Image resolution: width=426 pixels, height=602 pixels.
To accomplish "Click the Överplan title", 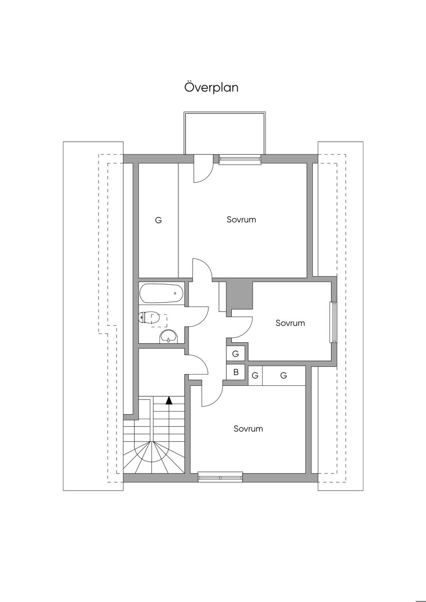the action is pyautogui.click(x=211, y=88).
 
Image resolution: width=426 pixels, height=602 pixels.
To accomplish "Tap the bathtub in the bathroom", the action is pyautogui.click(x=162, y=293).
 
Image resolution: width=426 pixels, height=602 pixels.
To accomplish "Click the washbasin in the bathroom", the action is pyautogui.click(x=168, y=336).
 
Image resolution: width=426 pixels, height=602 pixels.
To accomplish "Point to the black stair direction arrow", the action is pyautogui.click(x=169, y=400).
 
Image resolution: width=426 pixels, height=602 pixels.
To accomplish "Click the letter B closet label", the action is pyautogui.click(x=236, y=372).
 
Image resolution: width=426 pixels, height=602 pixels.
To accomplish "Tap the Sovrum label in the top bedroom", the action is pyautogui.click(x=241, y=220).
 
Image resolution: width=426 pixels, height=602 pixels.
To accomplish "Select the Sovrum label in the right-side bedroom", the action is pyautogui.click(x=290, y=323).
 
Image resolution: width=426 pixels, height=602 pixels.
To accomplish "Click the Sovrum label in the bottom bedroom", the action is pyautogui.click(x=248, y=428).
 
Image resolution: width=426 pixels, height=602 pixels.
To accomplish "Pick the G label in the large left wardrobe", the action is pyautogui.click(x=159, y=220).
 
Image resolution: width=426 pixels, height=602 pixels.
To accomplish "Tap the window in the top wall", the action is pyautogui.click(x=240, y=159).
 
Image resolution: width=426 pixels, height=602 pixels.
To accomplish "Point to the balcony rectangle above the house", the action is pyautogui.click(x=225, y=133).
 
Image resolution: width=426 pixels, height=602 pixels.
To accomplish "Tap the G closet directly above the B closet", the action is pyautogui.click(x=235, y=354).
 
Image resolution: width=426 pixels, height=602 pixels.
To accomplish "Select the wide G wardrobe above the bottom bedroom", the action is pyautogui.click(x=284, y=375).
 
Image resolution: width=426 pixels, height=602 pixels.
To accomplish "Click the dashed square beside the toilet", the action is pyautogui.click(x=159, y=321).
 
